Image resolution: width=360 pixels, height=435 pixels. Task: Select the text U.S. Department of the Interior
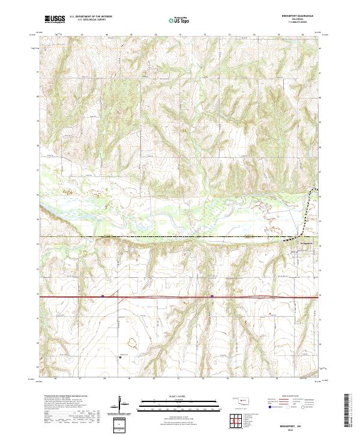pyautogui.click(x=91, y=16)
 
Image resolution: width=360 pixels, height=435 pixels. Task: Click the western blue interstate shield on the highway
pyautogui.click(x=103, y=296)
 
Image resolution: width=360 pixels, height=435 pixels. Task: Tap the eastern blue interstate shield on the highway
pyautogui.click(x=212, y=296)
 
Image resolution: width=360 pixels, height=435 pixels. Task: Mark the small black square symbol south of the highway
pyautogui.click(x=121, y=356)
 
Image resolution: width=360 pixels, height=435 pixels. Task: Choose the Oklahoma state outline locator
pyautogui.click(x=243, y=400)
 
